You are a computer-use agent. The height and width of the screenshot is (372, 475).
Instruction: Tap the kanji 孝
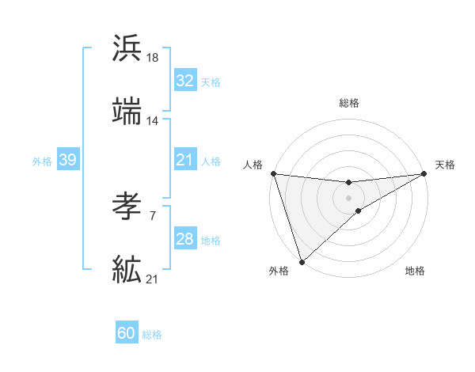coord(127,207)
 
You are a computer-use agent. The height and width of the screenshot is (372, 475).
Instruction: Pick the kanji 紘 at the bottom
coord(127,269)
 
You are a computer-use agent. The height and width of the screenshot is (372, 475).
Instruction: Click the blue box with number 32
coord(184,81)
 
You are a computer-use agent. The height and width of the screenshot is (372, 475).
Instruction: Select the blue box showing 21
coord(184,160)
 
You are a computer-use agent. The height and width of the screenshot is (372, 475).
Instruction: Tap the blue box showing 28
coord(184,239)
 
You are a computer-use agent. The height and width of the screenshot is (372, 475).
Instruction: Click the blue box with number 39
coord(67,160)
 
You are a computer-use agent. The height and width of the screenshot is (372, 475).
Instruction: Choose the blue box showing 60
coord(127,334)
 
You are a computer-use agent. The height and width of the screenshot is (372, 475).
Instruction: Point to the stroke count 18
coord(153,58)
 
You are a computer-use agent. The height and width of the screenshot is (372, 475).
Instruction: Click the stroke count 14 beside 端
coord(153,121)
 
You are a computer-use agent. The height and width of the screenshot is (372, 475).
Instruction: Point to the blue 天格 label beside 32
coord(210,82)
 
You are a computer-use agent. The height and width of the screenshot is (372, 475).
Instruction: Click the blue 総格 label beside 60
coord(152,335)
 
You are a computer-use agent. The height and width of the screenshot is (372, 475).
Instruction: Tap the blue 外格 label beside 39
coord(42,161)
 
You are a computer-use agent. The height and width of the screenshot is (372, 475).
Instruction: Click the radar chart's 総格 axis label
coord(349,103)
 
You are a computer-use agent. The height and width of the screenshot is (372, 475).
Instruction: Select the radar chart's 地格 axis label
coord(415,271)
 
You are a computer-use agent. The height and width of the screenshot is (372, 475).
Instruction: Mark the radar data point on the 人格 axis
coord(273,173)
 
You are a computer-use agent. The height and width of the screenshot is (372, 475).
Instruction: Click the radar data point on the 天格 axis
coord(424,173)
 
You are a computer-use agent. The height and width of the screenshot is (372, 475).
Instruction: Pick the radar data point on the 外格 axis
coord(302,261)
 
